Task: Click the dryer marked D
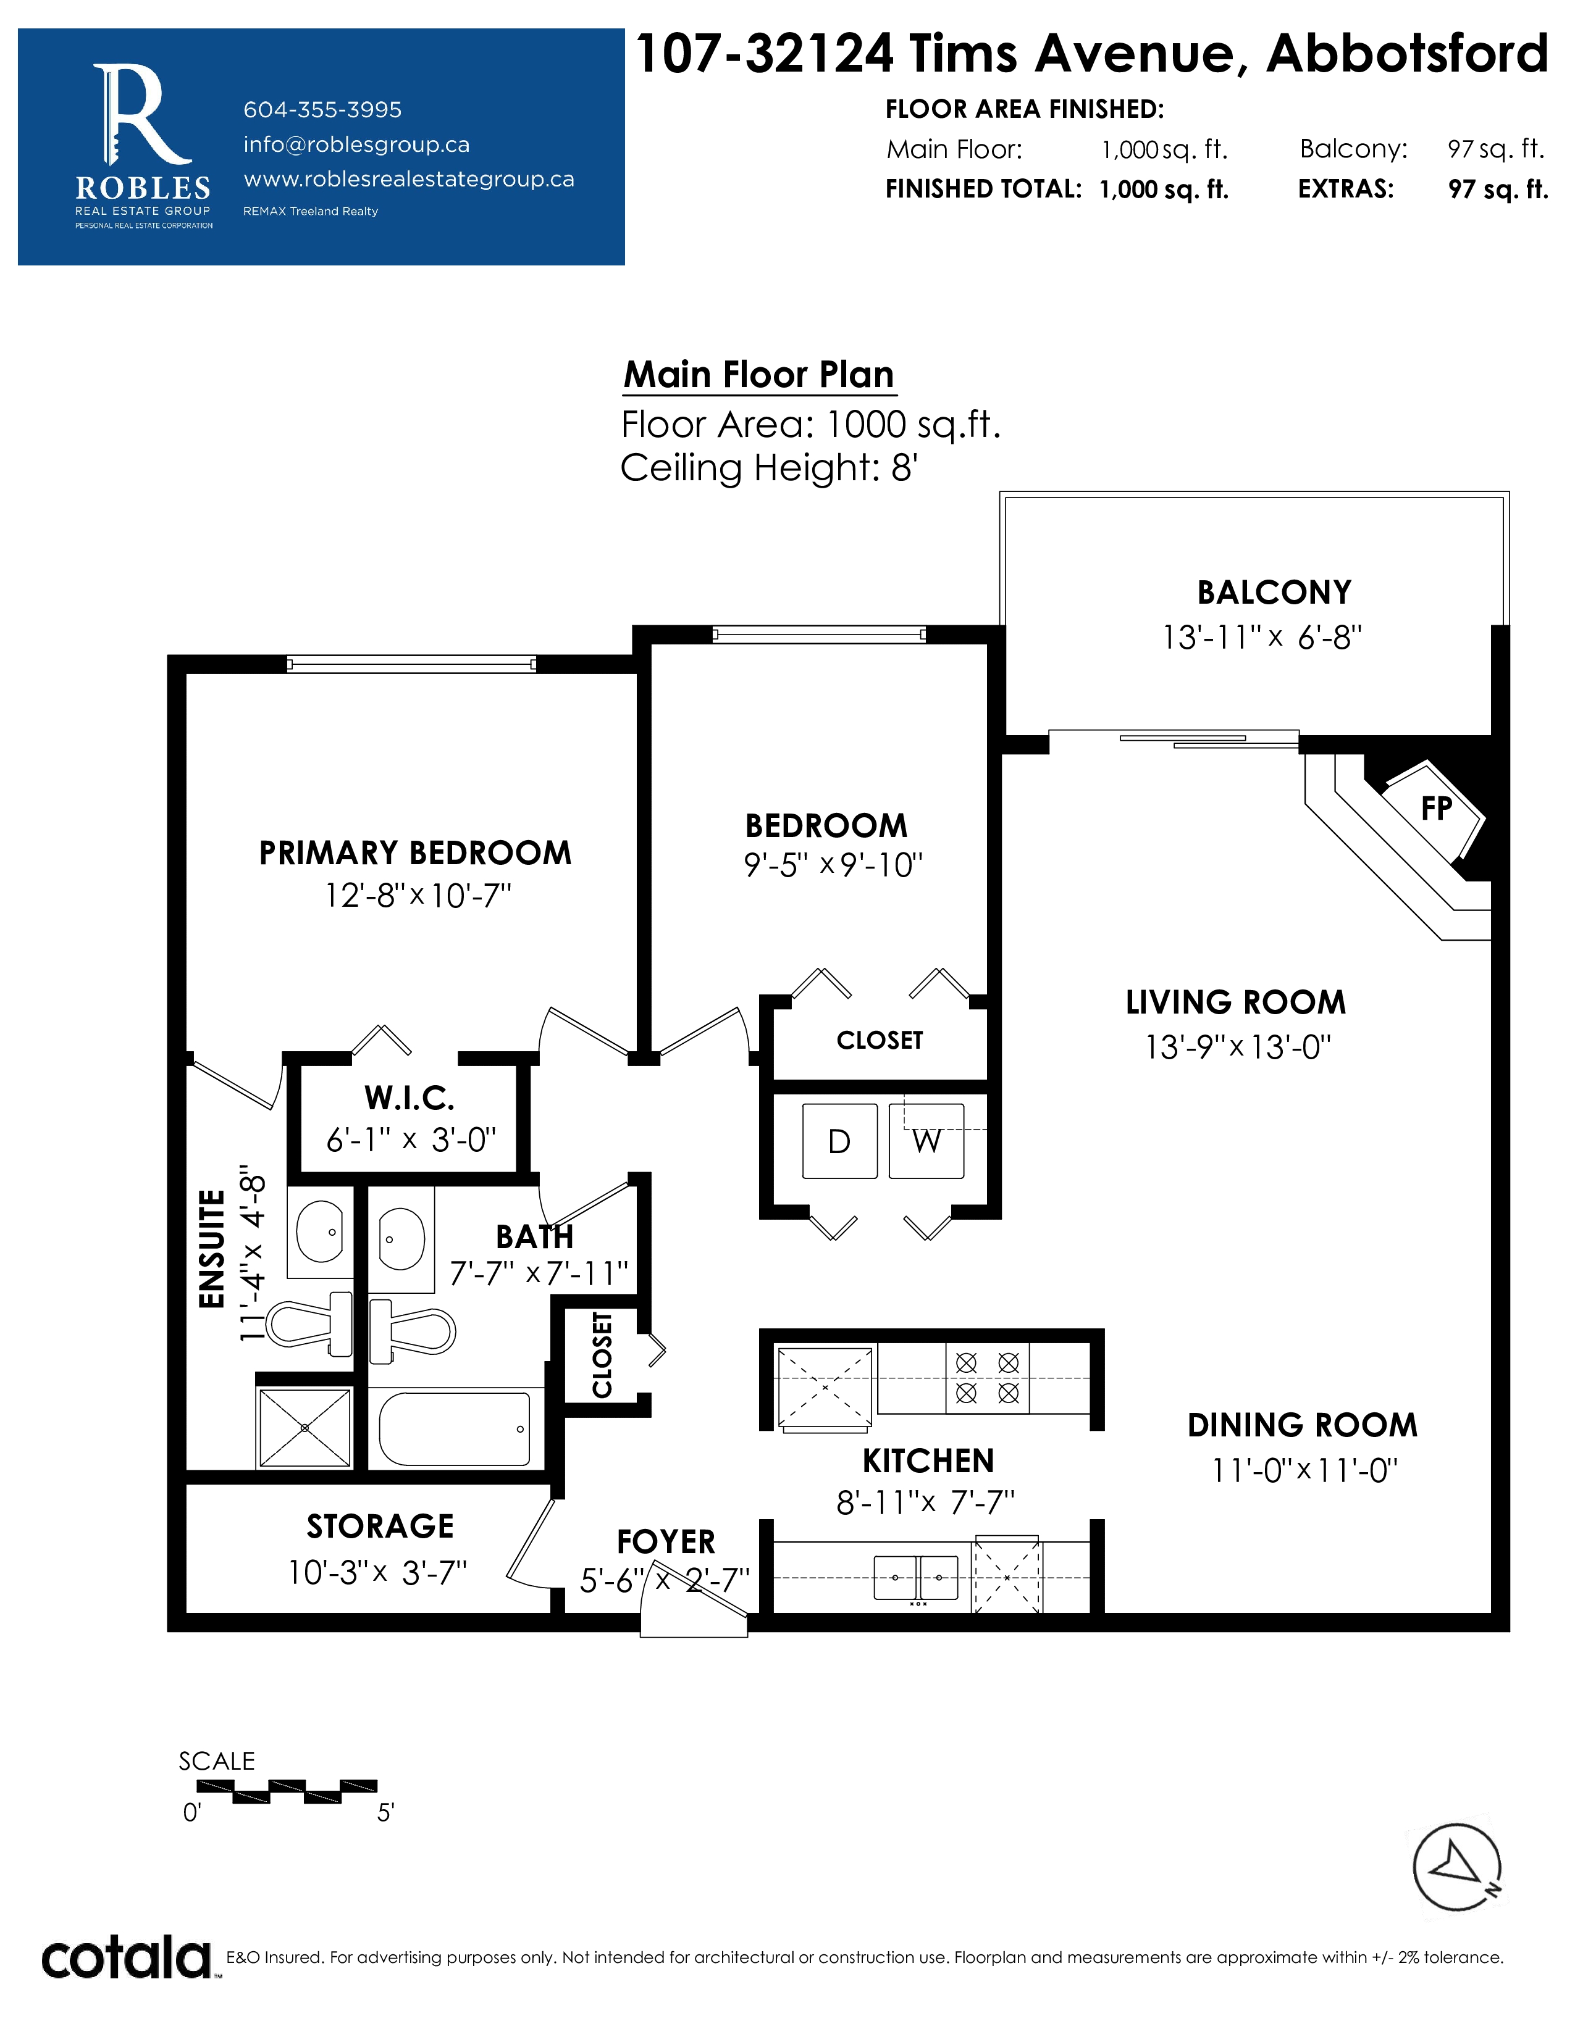coord(840,1141)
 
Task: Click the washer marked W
coord(926,1141)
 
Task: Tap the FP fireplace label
coord(1437,809)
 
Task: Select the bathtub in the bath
coord(455,1429)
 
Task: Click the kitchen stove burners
coord(987,1378)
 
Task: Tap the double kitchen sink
coord(916,1577)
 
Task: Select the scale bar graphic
coord(287,1791)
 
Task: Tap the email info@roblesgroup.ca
coord(356,144)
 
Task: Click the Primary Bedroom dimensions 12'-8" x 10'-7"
coord(418,896)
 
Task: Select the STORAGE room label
coord(380,1526)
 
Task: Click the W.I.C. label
coord(409,1099)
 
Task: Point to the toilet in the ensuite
coord(310,1323)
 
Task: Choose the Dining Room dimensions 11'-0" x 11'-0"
coord(1304,1471)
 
